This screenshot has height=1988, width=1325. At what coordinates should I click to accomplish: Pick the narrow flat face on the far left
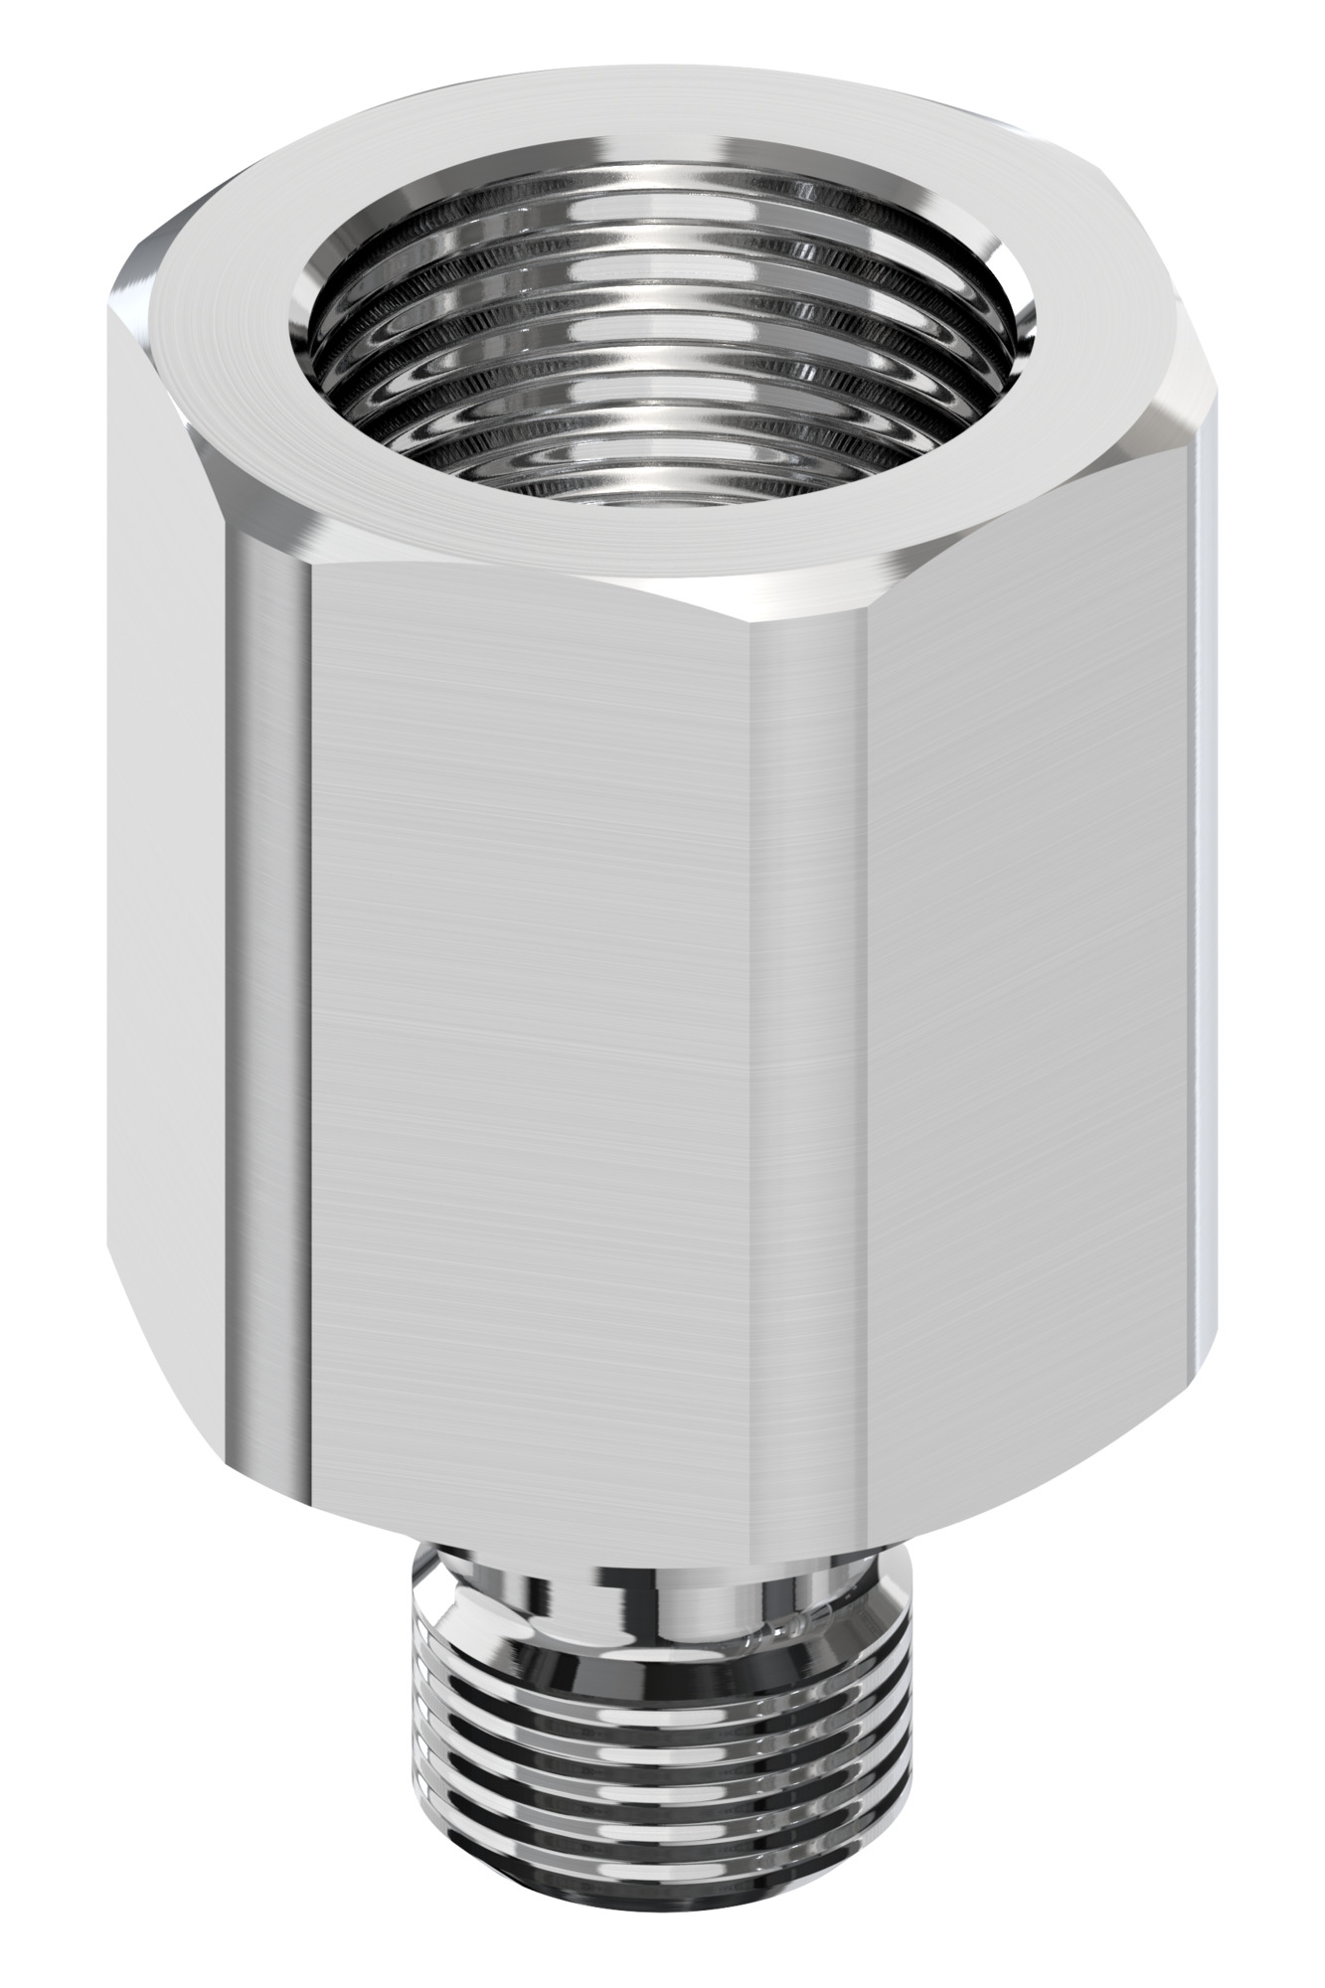(x=164, y=895)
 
